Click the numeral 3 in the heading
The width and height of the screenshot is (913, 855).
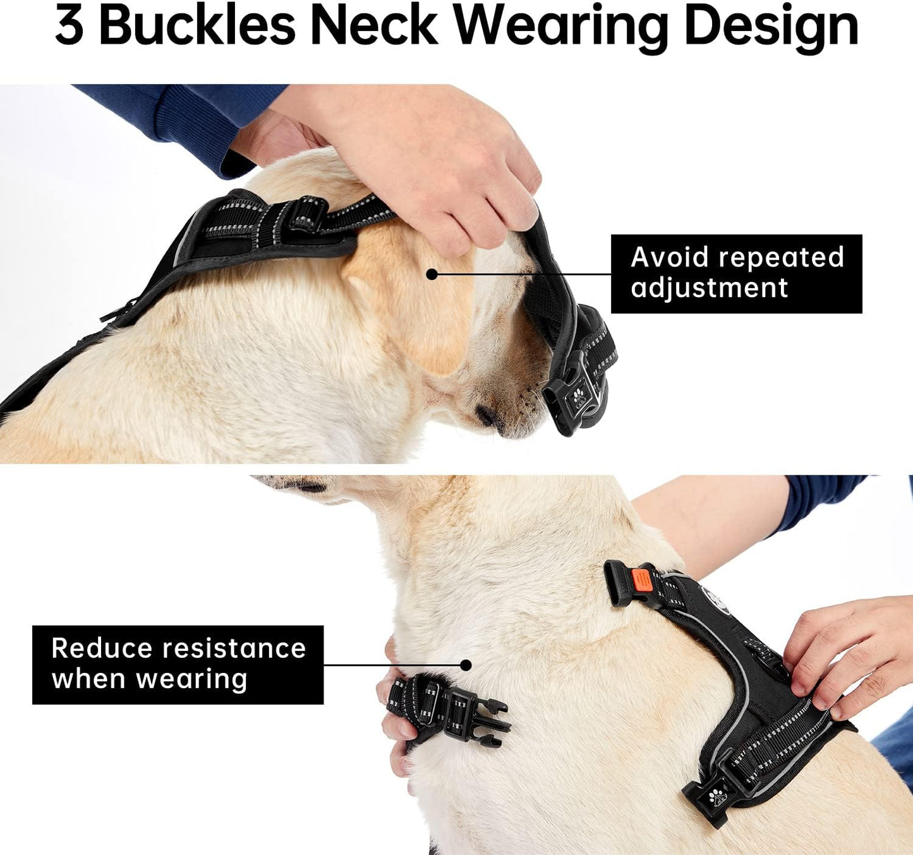coord(69,27)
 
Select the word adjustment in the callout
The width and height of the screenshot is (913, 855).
coord(709,289)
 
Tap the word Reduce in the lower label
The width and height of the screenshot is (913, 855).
coord(101,648)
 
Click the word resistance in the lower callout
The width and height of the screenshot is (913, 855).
coord(233,648)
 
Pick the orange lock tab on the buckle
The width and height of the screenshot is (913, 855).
coord(641,579)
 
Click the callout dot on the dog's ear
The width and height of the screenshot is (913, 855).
coord(432,274)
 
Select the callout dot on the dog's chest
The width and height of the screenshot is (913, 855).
coord(466,665)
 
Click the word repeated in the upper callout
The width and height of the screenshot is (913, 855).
coord(782,257)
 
